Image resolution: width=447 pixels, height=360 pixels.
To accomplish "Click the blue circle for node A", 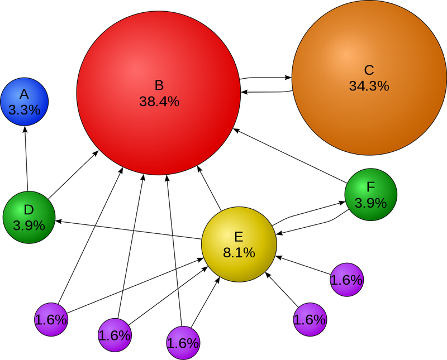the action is (25, 102).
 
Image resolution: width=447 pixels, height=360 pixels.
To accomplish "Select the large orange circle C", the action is (369, 78).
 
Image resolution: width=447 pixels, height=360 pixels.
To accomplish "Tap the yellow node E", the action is (239, 244).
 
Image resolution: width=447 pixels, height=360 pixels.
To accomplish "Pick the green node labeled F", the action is (371, 195).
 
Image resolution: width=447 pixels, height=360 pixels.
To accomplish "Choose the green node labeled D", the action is (29, 217).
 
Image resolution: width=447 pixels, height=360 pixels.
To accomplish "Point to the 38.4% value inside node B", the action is (159, 102).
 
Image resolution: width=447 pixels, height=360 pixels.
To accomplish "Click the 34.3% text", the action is (369, 86).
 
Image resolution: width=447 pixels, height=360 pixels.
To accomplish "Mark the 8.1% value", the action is (239, 252).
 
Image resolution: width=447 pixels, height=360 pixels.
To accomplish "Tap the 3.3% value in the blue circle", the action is (25, 109).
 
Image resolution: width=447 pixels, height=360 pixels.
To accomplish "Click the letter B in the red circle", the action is (159, 85).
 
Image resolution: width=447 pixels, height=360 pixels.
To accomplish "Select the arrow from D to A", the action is (26, 159).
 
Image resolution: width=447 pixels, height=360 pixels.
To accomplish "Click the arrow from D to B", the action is (73, 175).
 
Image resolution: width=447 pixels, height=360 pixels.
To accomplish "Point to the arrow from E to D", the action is (129, 229).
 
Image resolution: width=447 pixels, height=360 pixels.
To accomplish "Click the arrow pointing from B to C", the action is (266, 78).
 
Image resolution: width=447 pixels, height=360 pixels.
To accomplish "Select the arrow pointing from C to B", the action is (267, 92).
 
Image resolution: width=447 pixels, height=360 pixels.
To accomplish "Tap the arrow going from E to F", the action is (308, 212).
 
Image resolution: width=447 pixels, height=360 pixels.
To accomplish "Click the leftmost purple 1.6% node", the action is (51, 320).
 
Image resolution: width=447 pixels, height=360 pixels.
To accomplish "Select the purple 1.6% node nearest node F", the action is (347, 280).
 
